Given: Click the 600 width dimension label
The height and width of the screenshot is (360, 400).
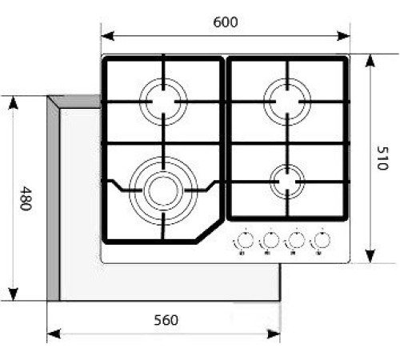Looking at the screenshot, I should (226, 23).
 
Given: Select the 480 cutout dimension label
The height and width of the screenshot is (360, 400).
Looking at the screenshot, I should (26, 198).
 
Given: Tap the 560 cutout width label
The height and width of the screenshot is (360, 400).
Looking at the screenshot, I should (165, 321).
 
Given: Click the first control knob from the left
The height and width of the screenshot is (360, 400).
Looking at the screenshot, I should (241, 239).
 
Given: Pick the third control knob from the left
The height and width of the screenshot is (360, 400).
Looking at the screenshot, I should (295, 239).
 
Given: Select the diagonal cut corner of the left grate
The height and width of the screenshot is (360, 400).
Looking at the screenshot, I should (210, 228).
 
